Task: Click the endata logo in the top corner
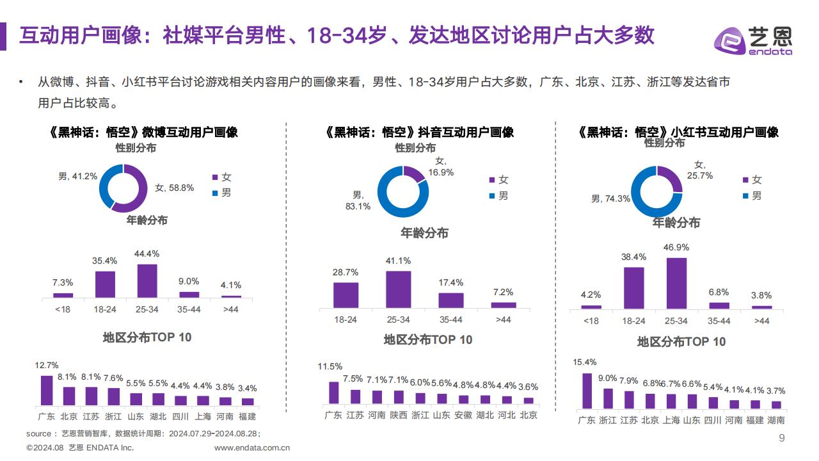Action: coord(753,40)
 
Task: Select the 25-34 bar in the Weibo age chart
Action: coord(147,280)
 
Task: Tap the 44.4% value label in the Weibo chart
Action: coord(147,254)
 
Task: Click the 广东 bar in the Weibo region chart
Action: coord(47,391)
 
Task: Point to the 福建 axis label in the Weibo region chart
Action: coord(247,416)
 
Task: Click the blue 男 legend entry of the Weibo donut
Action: coord(222,193)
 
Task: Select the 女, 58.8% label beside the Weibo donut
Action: coord(175,188)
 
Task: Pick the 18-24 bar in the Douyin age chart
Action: coord(346,295)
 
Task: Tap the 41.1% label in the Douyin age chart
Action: coord(398,261)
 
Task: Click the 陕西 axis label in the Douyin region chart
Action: coord(399,416)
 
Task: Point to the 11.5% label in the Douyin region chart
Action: coord(330,366)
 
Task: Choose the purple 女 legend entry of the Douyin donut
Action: coord(498,180)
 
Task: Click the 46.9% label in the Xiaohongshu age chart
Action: coord(676,247)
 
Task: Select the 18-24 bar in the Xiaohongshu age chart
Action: coord(634,288)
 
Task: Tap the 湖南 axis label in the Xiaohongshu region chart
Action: coord(776,420)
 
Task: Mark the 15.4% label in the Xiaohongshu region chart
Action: coord(585,362)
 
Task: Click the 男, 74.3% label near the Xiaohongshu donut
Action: coord(610,198)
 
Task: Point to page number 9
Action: coord(782,438)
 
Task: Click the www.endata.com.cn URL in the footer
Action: coord(252,448)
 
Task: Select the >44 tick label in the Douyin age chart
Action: coord(504,319)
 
